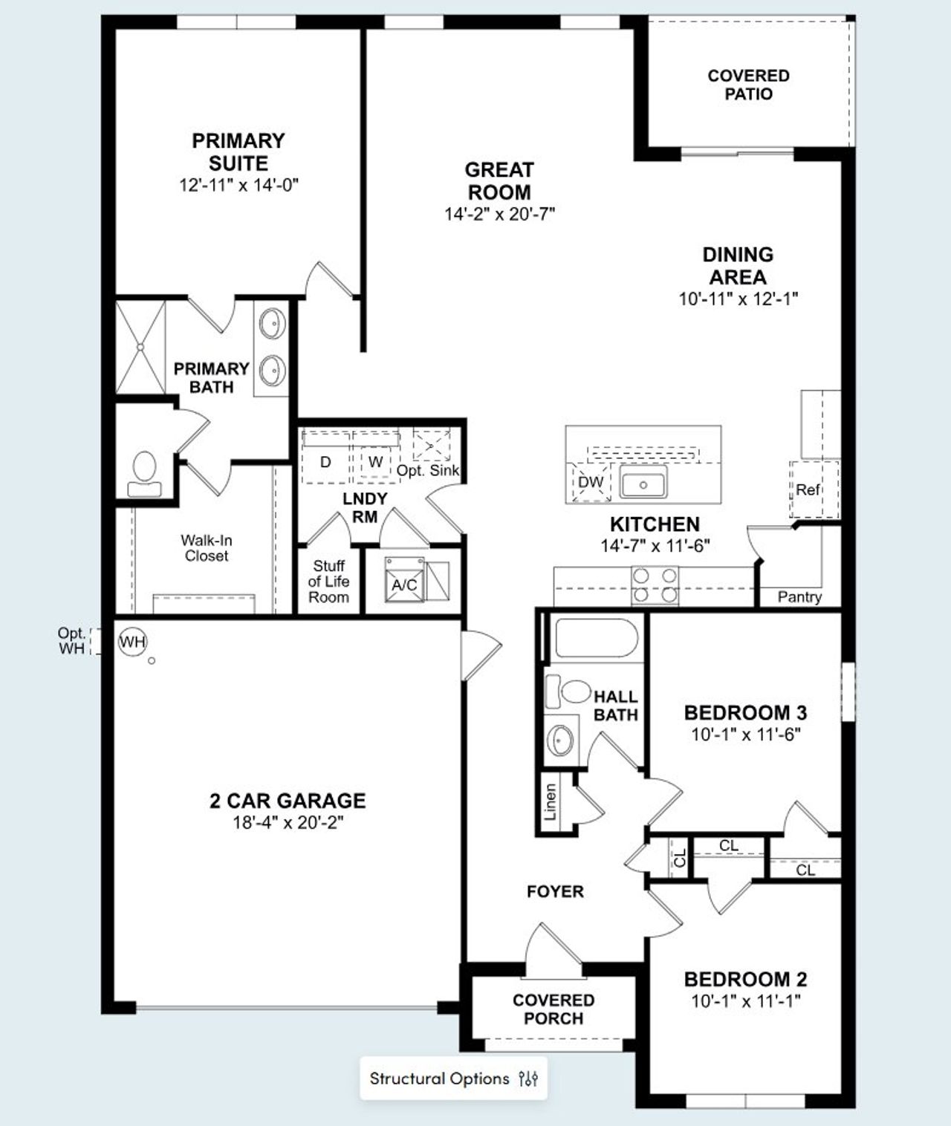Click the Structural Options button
click(453, 1078)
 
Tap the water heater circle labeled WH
click(133, 642)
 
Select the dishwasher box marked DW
click(591, 482)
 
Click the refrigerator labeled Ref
click(808, 489)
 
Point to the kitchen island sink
click(643, 484)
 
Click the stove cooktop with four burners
click(655, 585)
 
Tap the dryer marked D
click(325, 462)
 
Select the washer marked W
click(376, 462)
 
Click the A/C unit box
click(405, 585)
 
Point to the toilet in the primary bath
click(144, 474)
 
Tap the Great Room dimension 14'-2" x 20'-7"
click(500, 215)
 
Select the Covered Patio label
click(748, 85)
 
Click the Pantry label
click(799, 597)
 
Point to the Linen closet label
click(551, 802)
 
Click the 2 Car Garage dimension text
click(288, 823)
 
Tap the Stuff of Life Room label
click(328, 582)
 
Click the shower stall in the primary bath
click(140, 346)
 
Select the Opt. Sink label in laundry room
click(428, 471)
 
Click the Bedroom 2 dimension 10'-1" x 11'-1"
click(745, 1001)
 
